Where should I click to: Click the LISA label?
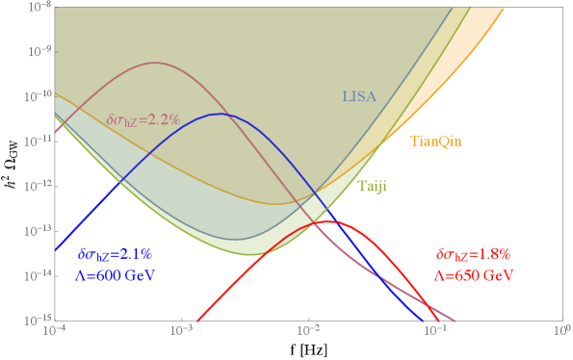point(358,96)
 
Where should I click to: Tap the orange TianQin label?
point(435,141)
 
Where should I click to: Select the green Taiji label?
point(373,186)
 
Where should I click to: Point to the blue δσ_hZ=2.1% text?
point(115,255)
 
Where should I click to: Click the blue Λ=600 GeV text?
point(115,275)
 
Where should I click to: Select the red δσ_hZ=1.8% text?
point(472,255)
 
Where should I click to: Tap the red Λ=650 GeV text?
point(472,275)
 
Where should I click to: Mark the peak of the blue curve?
point(221,114)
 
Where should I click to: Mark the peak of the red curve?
point(328,221)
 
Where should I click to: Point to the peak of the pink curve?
point(156,63)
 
